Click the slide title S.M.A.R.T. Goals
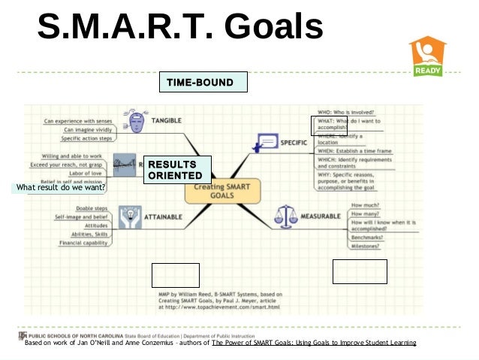click(180, 29)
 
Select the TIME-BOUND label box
click(202, 82)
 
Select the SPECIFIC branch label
click(294, 141)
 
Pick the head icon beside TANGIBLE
click(136, 123)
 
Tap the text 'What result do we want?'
click(59, 187)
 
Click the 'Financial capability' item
click(84, 244)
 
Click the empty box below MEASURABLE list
click(360, 271)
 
